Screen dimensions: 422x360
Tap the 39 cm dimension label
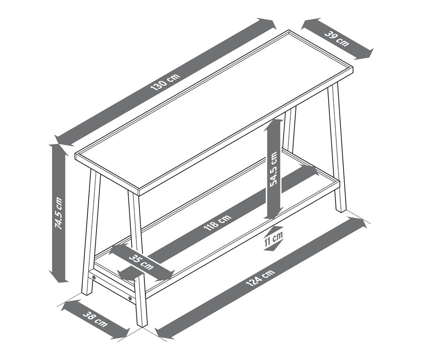coord(337,38)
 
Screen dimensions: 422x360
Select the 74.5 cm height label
coord(59,214)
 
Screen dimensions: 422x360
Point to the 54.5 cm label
coord(274,169)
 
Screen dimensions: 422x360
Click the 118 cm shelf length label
coord(218,222)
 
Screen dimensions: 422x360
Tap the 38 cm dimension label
coord(95,319)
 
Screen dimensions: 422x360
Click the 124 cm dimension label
coord(261,277)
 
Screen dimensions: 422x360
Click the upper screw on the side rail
coord(94,277)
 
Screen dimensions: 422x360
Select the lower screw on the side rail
coord(130,299)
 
